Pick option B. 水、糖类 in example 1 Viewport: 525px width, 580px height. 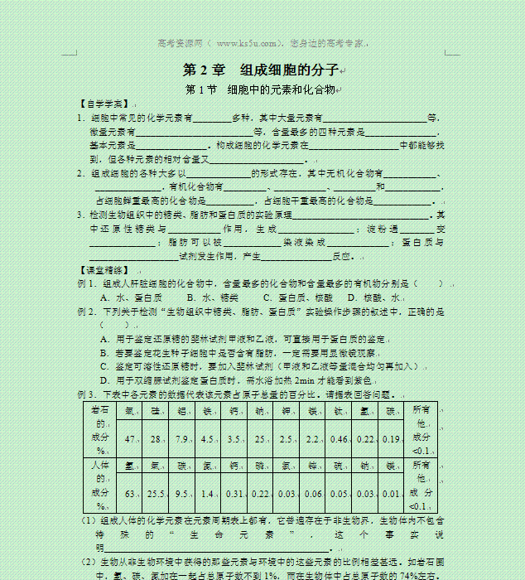pos(213,297)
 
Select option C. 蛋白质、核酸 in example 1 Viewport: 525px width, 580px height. pos(297,297)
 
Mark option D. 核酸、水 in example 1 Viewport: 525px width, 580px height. pos(374,297)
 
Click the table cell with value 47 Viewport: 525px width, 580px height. pos(130,438)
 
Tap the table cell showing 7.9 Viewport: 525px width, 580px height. pos(183,438)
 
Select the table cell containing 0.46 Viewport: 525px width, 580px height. pos(339,438)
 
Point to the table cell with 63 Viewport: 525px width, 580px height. pos(130,494)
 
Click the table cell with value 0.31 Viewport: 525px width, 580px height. pos(234,494)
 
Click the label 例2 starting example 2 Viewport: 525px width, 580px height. pos(87,312)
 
